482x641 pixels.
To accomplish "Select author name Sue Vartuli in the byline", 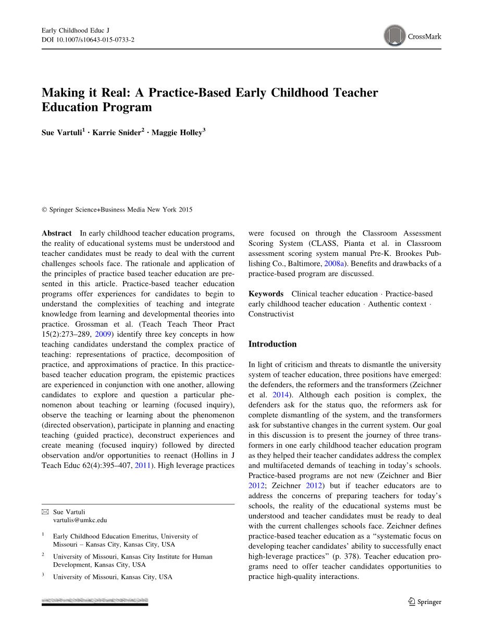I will point(61,133).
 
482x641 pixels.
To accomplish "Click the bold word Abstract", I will point(57,233).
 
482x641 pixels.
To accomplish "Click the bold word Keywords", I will point(266,294).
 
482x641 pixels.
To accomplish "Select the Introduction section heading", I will point(272,344).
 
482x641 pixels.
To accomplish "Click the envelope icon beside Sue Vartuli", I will point(45,512).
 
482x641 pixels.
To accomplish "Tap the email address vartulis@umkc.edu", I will point(80,520).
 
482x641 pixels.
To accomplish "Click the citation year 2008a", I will point(333,264).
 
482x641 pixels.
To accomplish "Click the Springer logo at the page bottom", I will point(425,602).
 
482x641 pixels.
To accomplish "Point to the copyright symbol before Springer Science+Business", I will point(44,210).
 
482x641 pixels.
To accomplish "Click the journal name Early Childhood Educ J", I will point(75,31).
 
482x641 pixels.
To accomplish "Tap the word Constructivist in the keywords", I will point(271,314).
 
